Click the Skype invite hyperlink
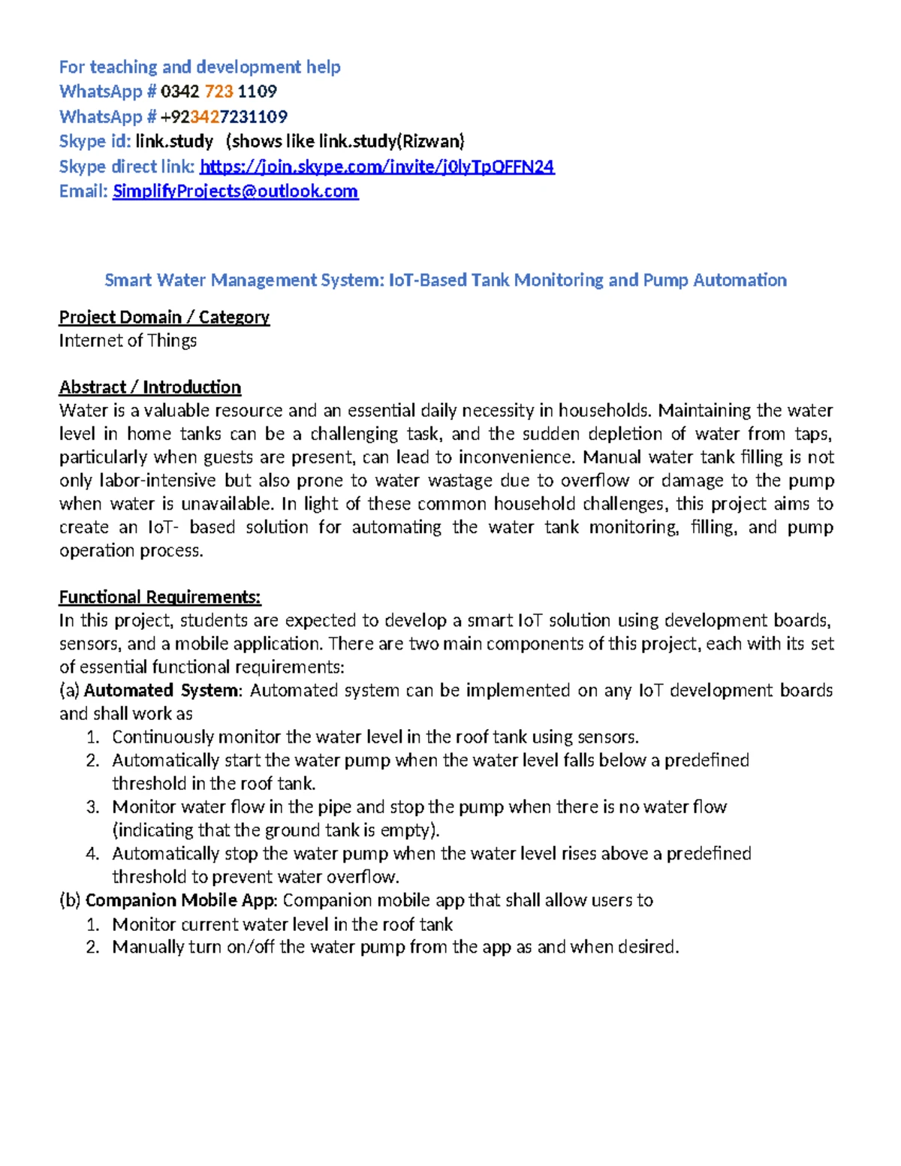point(377,167)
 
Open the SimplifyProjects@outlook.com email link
point(235,191)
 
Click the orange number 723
point(218,92)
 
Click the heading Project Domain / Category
point(164,317)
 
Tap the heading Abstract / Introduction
point(150,387)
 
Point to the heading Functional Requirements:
point(160,597)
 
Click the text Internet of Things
point(128,340)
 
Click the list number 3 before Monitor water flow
point(92,807)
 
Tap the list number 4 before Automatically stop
point(92,854)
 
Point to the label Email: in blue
point(83,191)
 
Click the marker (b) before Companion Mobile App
point(70,899)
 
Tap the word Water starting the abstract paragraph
point(83,410)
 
